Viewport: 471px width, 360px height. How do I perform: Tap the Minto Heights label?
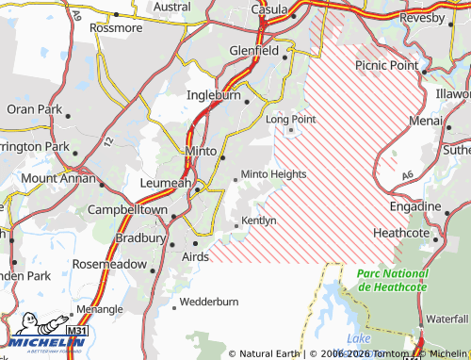pyautogui.click(x=274, y=174)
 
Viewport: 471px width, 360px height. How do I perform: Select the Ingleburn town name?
pyautogui.click(x=214, y=95)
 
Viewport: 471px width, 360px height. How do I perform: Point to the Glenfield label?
pyautogui.click(x=254, y=51)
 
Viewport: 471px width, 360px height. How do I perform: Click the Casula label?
pyautogui.click(x=269, y=8)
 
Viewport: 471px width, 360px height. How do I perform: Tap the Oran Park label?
pyautogui.click(x=34, y=109)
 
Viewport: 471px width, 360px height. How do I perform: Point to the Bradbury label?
pyautogui.click(x=140, y=238)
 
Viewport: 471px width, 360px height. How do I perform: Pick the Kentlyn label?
pyautogui.click(x=259, y=221)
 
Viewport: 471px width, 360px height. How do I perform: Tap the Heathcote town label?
pyautogui.click(x=401, y=233)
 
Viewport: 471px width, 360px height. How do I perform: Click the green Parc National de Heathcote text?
pyautogui.click(x=392, y=279)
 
